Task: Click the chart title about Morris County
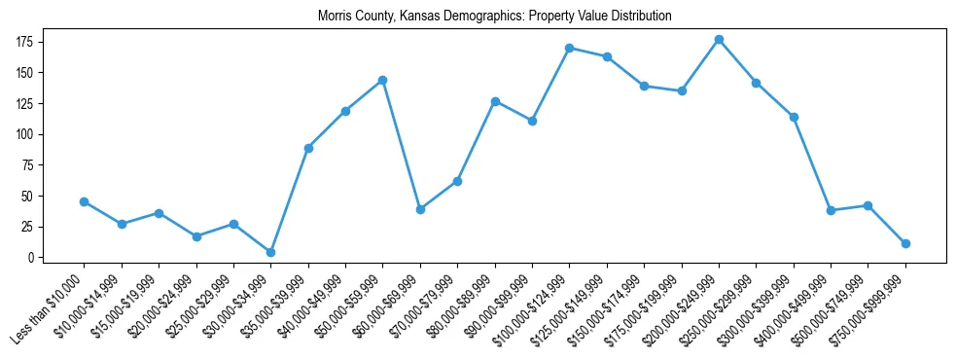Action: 495,17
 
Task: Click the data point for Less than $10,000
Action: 85,201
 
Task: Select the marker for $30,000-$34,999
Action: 270,252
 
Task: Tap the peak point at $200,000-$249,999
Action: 719,39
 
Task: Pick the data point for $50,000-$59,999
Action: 383,80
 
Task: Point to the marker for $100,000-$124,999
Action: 570,48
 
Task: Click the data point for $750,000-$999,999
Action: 905,243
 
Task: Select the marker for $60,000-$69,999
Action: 420,209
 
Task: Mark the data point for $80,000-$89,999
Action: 495,101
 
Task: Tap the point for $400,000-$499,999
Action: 831,210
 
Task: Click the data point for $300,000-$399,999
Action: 794,117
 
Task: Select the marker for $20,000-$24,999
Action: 196,236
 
